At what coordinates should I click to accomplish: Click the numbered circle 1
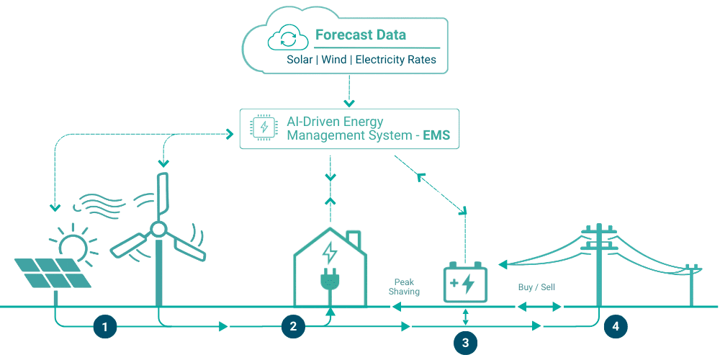pyautogui.click(x=105, y=327)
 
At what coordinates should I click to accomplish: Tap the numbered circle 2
pyautogui.click(x=293, y=327)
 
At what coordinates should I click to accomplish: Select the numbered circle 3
pyautogui.click(x=465, y=343)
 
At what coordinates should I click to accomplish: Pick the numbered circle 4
pyautogui.click(x=615, y=327)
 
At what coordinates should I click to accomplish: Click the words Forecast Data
pyautogui.click(x=360, y=35)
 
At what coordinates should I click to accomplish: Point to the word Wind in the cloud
pyautogui.click(x=333, y=60)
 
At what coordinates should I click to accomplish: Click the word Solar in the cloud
pyautogui.click(x=300, y=60)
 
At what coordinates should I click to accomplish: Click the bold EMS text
pyautogui.click(x=436, y=135)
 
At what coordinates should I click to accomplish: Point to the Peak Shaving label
pyautogui.click(x=404, y=287)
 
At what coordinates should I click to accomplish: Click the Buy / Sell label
pyautogui.click(x=536, y=287)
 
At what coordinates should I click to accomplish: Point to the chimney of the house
pyautogui.click(x=353, y=238)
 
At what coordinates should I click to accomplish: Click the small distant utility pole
pyautogui.click(x=693, y=284)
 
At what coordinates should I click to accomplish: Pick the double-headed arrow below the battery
pyautogui.click(x=465, y=316)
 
